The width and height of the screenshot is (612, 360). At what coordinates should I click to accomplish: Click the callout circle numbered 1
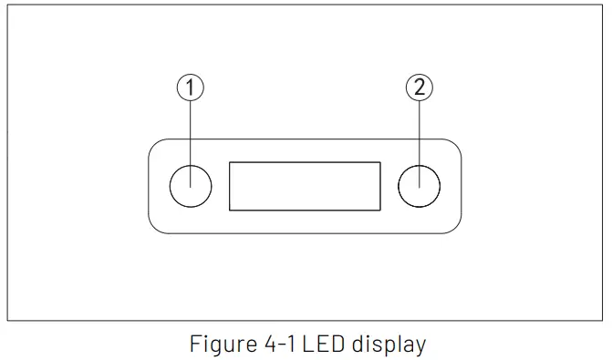click(x=190, y=87)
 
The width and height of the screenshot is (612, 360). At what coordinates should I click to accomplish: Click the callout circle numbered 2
click(x=419, y=87)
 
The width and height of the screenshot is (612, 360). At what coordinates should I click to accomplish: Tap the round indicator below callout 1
click(x=191, y=186)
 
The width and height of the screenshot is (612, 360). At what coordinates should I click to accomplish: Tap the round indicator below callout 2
click(x=420, y=186)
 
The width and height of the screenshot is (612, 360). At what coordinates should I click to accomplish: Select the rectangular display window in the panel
click(x=305, y=186)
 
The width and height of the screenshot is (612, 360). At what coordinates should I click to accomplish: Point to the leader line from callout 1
click(x=190, y=132)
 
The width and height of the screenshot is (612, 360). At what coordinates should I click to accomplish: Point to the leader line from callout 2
click(x=419, y=132)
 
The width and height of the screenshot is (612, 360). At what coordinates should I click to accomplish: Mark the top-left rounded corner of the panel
click(x=154, y=144)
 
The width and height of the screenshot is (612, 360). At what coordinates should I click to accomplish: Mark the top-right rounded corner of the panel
click(x=455, y=144)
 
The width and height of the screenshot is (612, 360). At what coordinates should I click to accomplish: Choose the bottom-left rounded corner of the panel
click(x=154, y=228)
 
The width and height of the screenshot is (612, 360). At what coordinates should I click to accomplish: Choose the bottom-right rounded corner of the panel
click(x=455, y=228)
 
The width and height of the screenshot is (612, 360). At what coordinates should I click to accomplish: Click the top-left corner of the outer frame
click(x=7, y=5)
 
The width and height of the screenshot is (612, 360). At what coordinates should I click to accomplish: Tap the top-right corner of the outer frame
click(x=603, y=5)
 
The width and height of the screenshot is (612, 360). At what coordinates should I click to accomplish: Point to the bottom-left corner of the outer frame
click(x=7, y=321)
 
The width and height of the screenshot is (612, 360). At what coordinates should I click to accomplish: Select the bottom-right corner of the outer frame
click(x=603, y=321)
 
